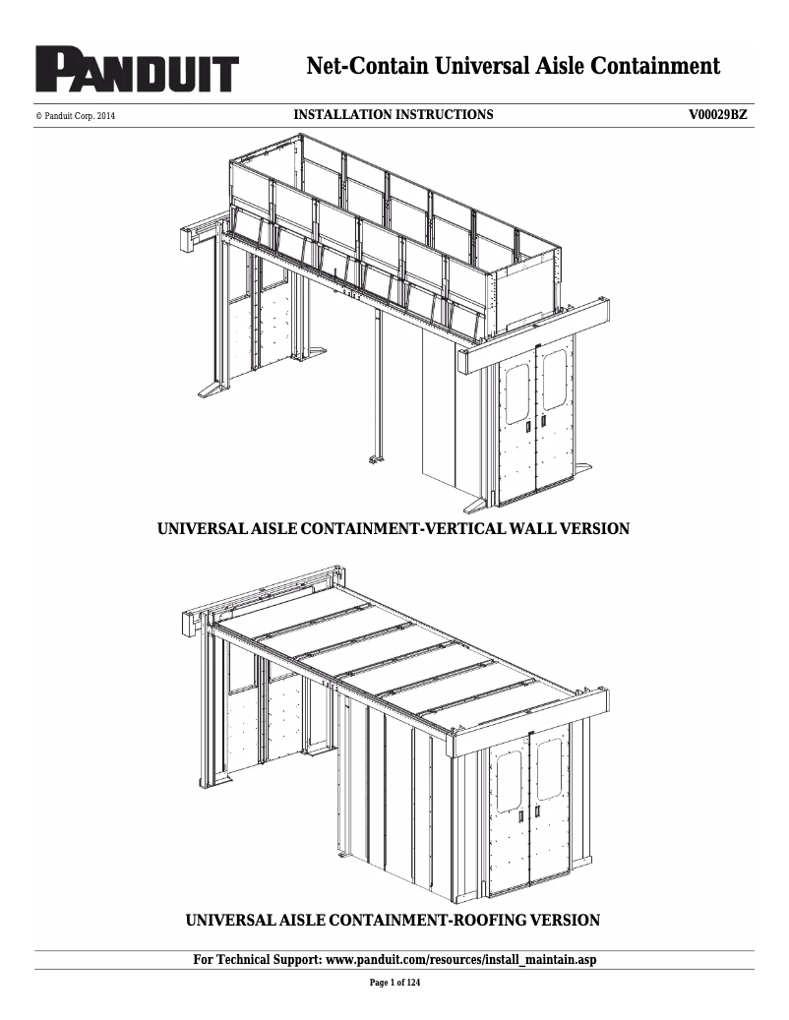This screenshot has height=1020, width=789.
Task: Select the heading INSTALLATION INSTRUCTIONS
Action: pos(394,115)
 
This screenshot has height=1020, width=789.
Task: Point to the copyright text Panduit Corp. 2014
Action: pos(76,116)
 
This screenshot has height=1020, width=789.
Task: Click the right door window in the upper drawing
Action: pos(554,379)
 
